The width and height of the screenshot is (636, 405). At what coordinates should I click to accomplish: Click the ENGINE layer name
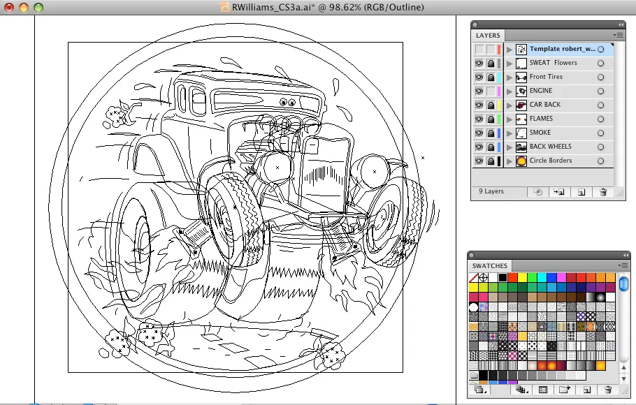541,91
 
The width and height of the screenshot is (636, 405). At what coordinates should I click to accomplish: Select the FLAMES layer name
541,119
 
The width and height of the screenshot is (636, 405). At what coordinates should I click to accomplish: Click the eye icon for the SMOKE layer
479,133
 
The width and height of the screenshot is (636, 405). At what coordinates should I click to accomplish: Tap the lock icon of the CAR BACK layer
491,105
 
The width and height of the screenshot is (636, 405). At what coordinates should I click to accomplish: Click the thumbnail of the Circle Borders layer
521,161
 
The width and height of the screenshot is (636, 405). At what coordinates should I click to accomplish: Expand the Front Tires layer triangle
509,78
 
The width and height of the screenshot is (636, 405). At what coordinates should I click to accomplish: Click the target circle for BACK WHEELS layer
601,147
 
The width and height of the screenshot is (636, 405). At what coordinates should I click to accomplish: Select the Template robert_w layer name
563,49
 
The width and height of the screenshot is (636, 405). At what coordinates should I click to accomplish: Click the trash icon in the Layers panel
603,192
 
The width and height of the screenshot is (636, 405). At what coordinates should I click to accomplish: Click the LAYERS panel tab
488,36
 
